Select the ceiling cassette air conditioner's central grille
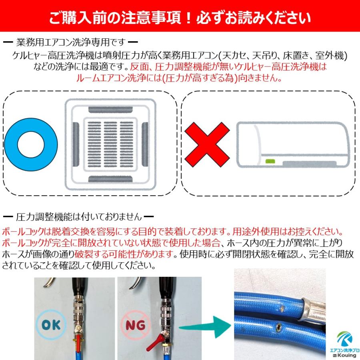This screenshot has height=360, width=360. click(112, 144)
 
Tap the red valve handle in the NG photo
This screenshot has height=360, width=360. click(155, 343)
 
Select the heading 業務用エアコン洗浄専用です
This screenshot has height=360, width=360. click(71, 42)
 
